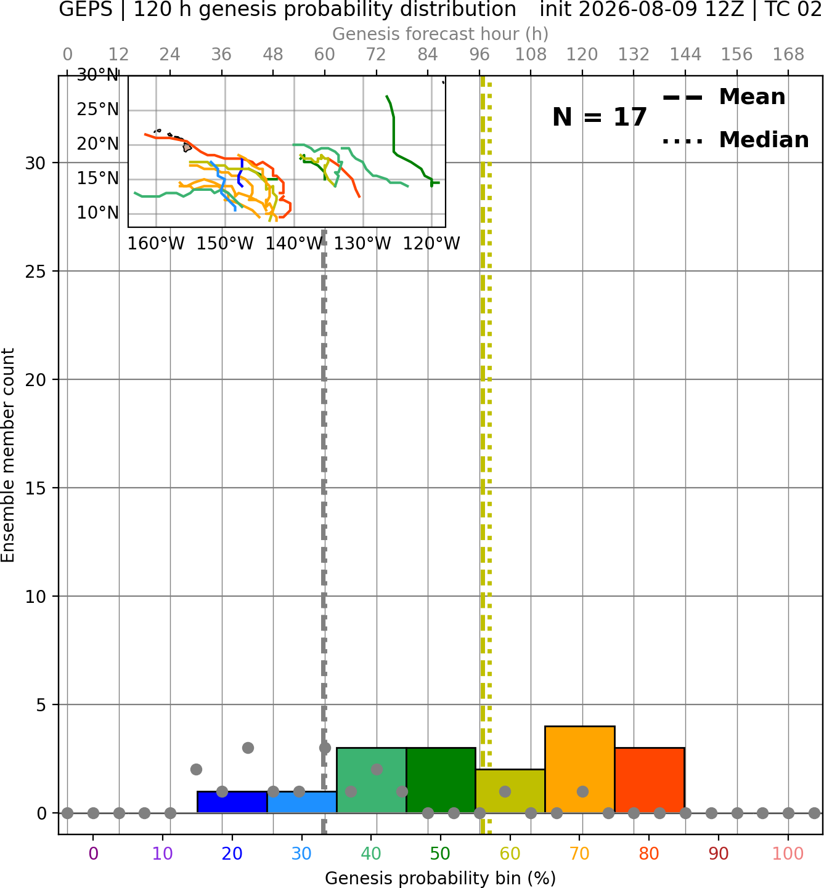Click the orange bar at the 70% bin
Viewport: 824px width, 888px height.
click(579, 769)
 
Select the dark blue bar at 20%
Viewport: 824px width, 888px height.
click(232, 802)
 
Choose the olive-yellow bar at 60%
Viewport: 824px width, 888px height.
click(510, 791)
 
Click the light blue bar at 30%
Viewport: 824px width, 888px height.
click(301, 802)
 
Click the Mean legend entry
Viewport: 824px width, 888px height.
click(724, 97)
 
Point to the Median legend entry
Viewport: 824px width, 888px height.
click(736, 140)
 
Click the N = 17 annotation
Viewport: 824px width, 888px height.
click(599, 117)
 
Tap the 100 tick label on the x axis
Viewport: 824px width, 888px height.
click(788, 854)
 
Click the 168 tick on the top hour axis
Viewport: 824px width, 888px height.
click(788, 55)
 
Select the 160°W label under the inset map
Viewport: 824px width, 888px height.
click(156, 244)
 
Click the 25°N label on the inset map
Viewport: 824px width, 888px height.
click(97, 109)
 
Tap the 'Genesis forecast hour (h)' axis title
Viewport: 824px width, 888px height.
click(440, 34)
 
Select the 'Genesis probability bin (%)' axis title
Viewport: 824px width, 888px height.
click(440, 878)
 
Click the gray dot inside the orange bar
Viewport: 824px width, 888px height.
click(582, 791)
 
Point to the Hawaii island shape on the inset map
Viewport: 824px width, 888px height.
click(187, 147)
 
